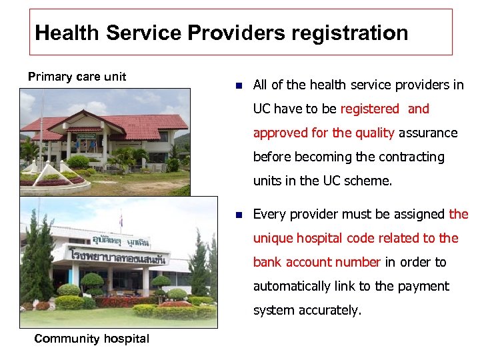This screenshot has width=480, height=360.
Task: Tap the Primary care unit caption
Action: (77, 77)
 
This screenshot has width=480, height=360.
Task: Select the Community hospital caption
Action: (91, 339)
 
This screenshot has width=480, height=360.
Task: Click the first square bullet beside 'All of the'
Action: (239, 85)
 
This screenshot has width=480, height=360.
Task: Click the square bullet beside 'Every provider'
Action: (239, 215)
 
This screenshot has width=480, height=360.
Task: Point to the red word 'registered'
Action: (369, 109)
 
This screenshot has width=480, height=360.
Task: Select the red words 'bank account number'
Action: (317, 262)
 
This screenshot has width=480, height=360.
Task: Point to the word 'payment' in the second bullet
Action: (425, 286)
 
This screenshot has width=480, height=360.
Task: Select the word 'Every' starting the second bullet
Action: (269, 214)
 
